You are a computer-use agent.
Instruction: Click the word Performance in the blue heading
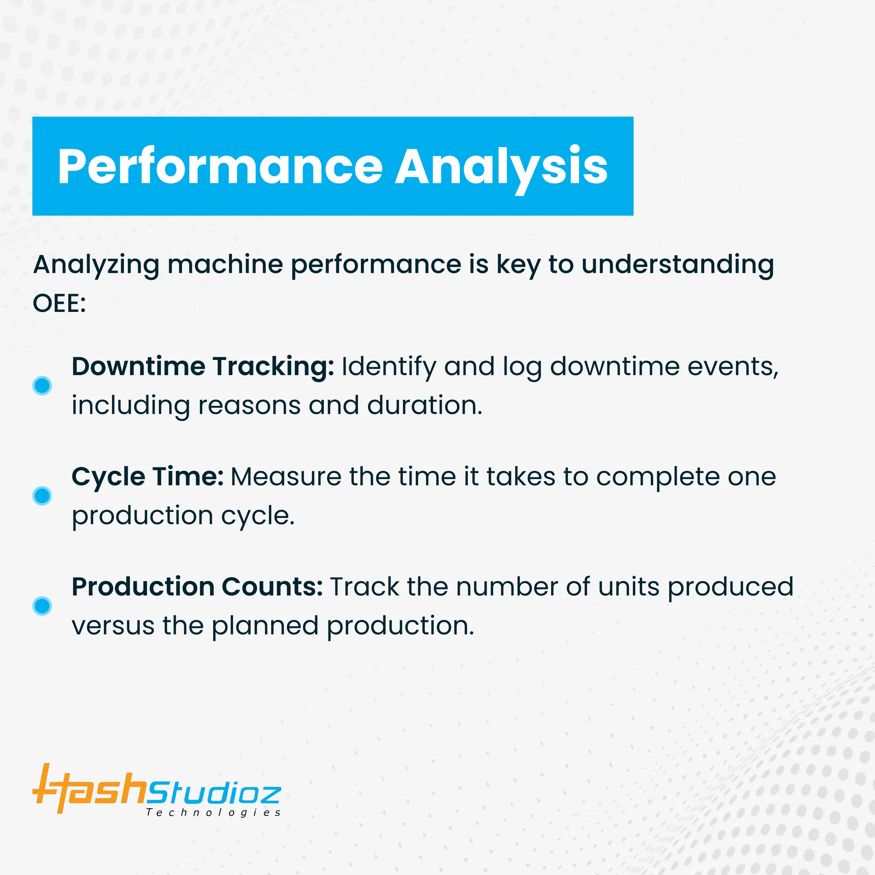click(220, 167)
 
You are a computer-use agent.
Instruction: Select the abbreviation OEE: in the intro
click(59, 303)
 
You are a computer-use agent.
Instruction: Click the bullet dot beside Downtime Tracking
click(42, 385)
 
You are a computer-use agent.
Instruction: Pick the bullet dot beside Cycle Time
click(42, 496)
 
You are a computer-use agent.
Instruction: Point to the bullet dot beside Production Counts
click(42, 605)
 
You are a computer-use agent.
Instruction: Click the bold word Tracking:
click(273, 367)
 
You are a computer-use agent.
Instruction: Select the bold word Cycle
click(108, 477)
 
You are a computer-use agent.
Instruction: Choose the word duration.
click(424, 405)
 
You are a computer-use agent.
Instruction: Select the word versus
click(113, 625)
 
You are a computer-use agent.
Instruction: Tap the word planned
click(265, 625)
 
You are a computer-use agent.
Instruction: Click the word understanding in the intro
click(678, 264)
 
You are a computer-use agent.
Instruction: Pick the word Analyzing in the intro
click(96, 264)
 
